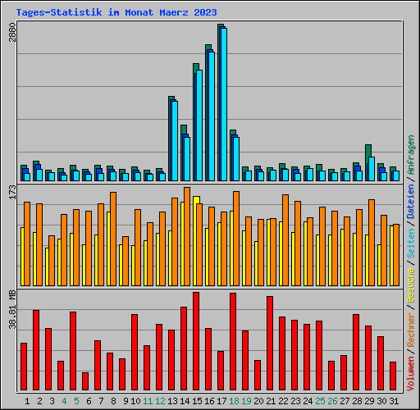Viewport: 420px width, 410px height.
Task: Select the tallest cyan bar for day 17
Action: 223,104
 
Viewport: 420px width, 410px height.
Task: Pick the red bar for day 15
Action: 196,341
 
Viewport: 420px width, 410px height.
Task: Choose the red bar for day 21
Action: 270,344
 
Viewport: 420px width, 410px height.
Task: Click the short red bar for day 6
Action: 85,381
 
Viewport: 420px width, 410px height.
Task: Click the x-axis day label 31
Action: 395,401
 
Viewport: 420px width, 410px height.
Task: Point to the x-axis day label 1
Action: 27,401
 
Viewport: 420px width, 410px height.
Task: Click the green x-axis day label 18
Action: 235,401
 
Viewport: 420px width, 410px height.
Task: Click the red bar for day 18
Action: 233,342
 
